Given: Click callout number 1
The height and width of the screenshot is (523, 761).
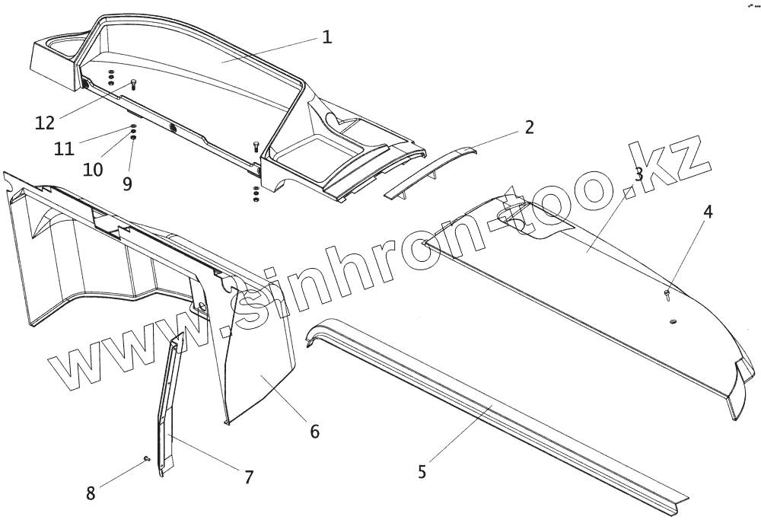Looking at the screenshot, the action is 326,37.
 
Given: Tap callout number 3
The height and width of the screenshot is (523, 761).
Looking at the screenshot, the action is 638,174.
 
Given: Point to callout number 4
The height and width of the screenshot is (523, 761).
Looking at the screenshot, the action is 708,212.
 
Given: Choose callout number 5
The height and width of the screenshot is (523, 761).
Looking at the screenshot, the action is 423,471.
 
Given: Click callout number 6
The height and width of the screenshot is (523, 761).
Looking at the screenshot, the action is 314,431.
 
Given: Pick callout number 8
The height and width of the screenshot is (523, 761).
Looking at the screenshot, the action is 91,493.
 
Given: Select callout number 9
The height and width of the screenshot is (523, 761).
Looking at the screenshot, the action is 127,183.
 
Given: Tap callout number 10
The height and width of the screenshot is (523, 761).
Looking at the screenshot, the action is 93,169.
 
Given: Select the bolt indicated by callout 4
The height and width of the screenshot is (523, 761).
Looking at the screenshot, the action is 667,292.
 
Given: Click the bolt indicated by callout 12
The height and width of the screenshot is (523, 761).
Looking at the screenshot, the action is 134,84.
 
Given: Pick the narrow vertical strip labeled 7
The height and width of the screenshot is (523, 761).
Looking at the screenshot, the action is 167,403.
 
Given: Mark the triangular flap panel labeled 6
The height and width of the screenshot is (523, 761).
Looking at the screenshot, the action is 259,365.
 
